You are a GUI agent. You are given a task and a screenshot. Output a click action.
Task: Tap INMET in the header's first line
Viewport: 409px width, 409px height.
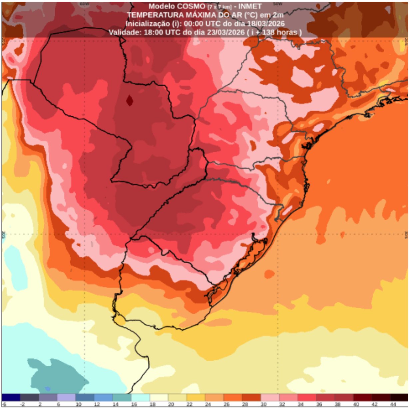pos(250,6)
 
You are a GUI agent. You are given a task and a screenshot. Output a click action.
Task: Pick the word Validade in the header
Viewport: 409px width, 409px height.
pos(125,32)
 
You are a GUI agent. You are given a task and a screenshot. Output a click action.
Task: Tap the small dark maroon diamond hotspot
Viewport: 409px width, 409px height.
pos(130,100)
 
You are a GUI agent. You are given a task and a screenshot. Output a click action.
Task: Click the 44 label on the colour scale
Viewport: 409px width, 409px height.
pos(393,404)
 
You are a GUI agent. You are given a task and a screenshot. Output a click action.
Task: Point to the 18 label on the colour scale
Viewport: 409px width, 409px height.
pos(153,404)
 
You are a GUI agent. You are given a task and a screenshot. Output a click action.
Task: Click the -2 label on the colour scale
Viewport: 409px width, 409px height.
pos(22,404)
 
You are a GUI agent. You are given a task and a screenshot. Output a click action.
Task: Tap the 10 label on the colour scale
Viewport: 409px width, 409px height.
pos(79,404)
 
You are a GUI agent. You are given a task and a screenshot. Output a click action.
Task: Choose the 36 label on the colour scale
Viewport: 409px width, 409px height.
pos(319,404)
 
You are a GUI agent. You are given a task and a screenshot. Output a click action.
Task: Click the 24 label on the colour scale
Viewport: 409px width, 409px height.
pos(208,404)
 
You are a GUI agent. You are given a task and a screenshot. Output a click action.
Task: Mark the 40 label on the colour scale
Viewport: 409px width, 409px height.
pos(356,404)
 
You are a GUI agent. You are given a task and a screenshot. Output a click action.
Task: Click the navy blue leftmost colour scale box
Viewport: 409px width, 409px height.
pos(11,397)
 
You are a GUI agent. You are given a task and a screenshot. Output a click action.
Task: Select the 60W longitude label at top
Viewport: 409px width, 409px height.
pos(84,4)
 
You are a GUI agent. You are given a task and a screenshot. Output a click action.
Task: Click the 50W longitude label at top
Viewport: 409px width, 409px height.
pos(277,4)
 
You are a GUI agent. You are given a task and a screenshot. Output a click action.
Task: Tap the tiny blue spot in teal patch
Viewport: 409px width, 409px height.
pos(47,389)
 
